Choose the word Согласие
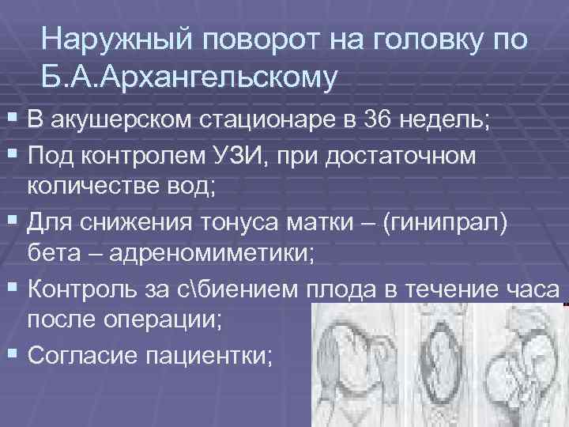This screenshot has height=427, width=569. pyautogui.click(x=79, y=353)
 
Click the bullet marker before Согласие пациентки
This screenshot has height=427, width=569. pyautogui.click(x=13, y=353)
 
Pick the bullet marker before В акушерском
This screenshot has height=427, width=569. pyautogui.click(x=13, y=121)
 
